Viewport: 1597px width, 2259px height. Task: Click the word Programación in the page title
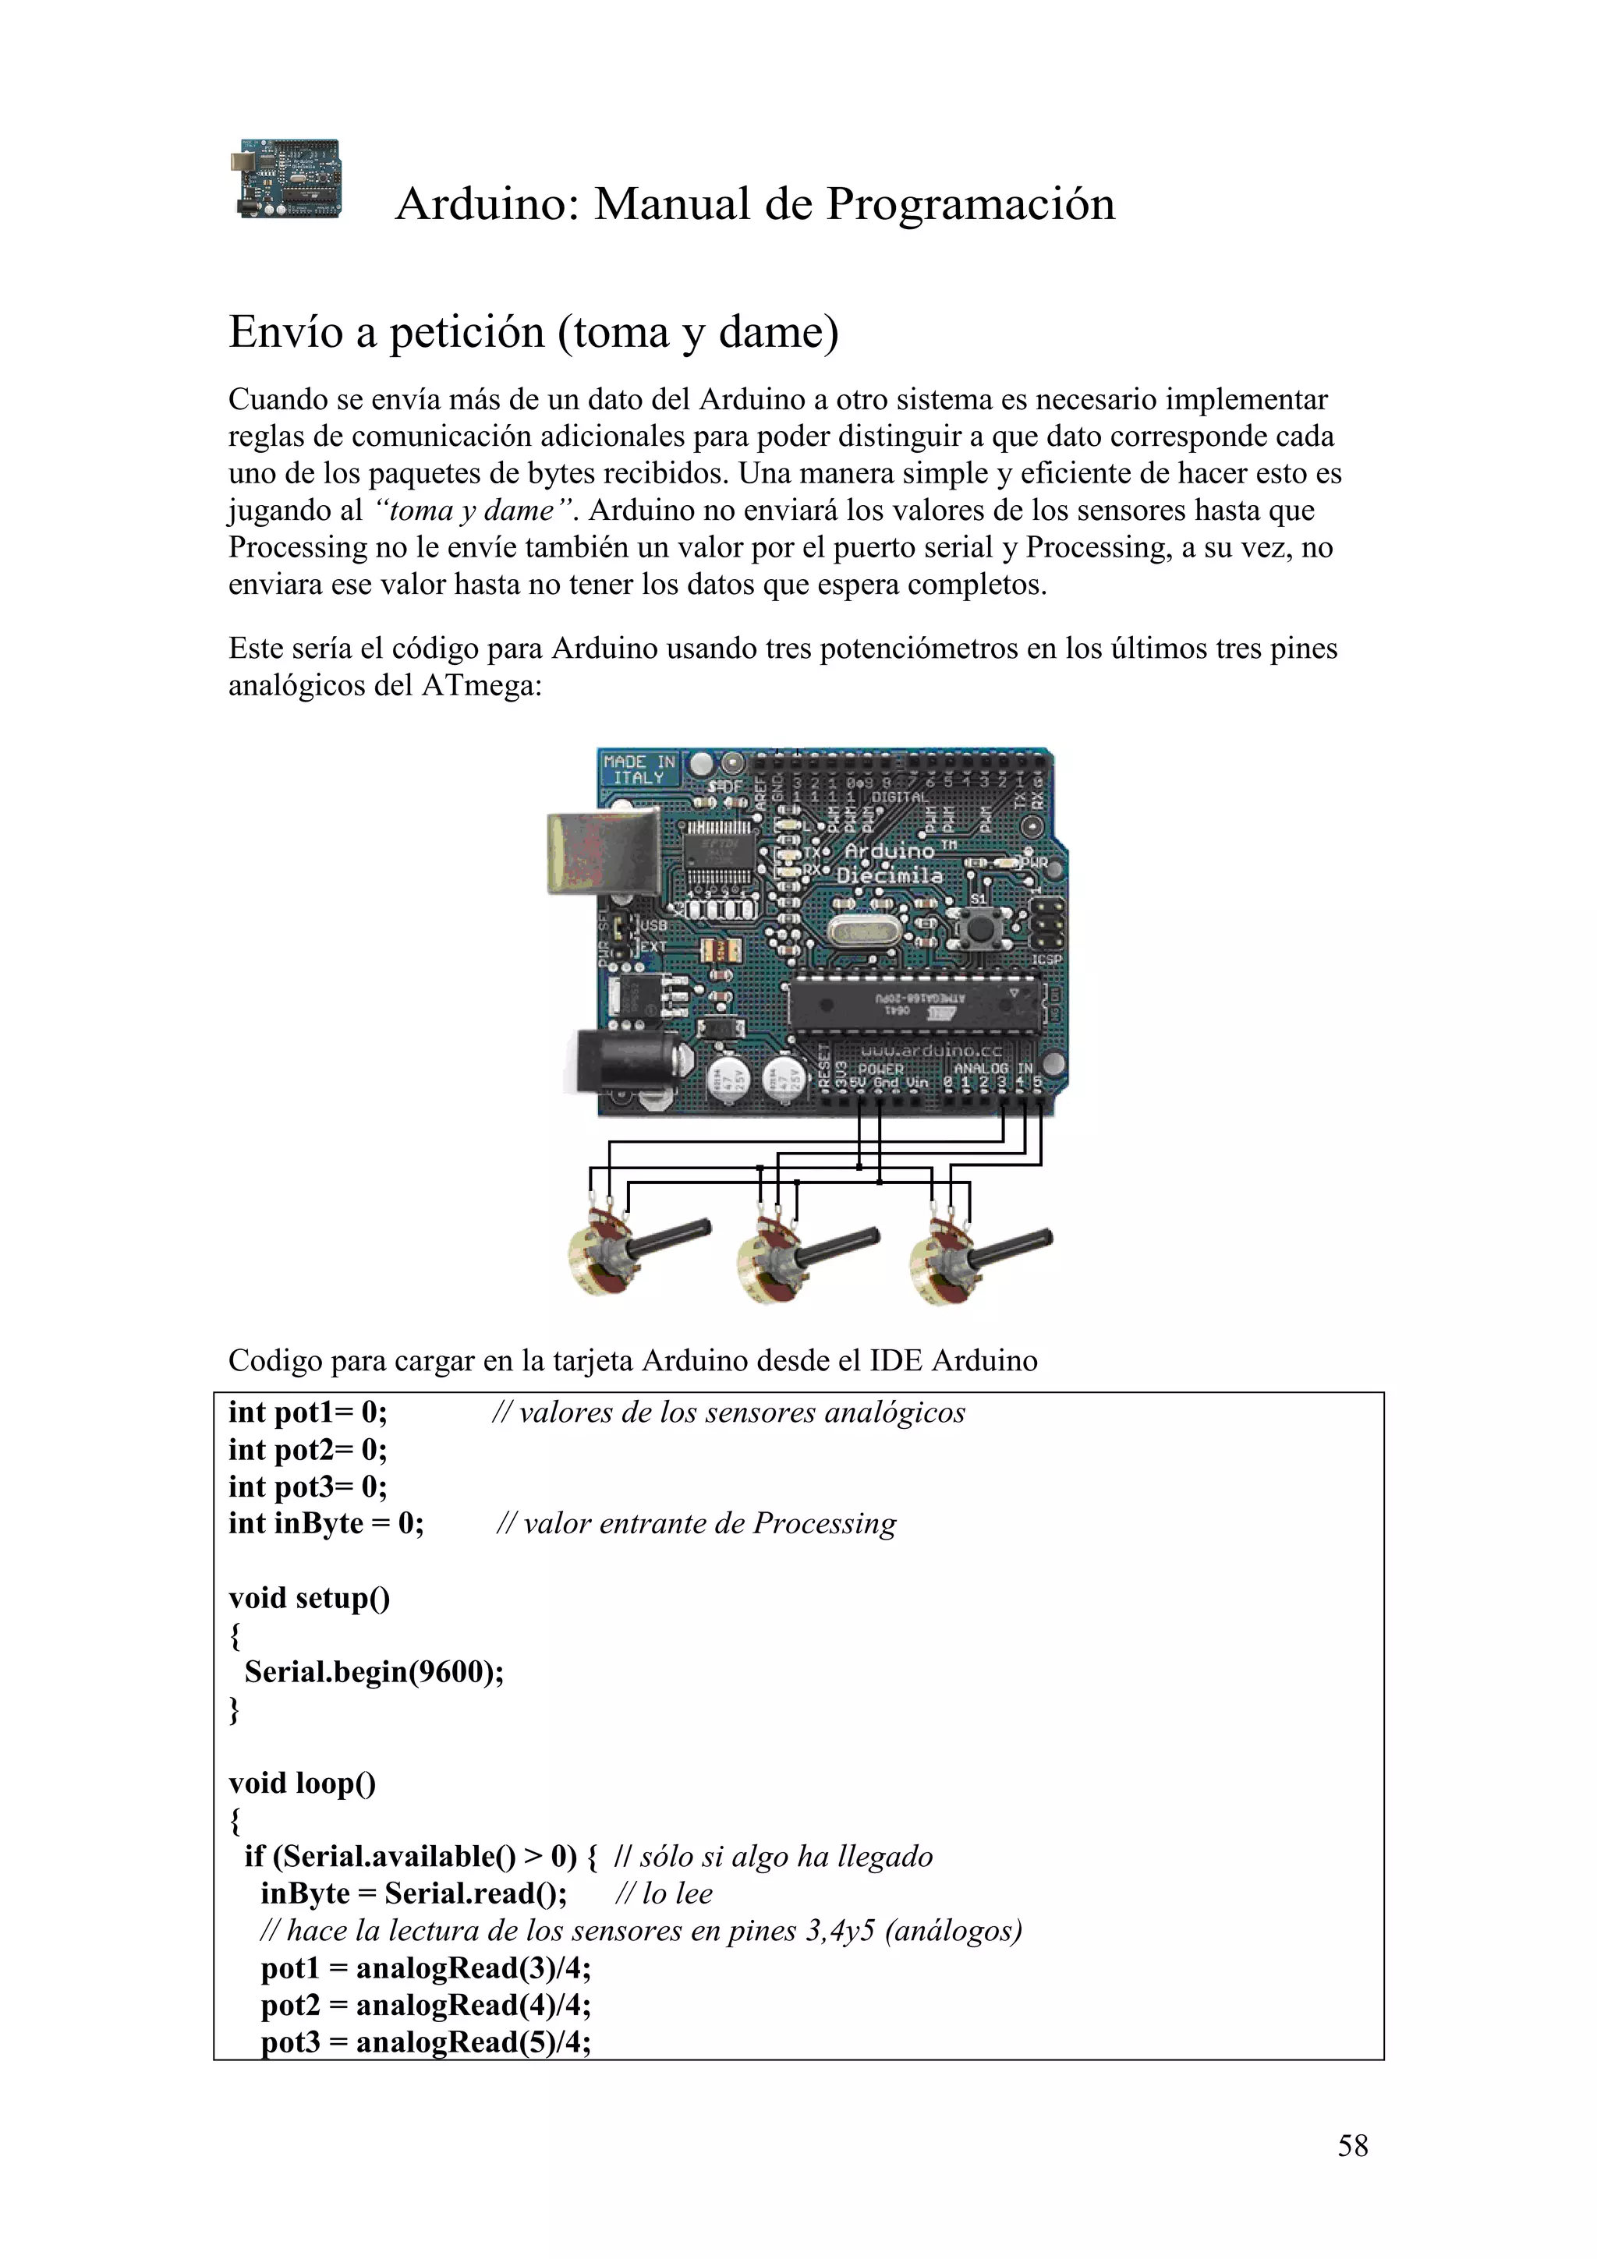pos(970,205)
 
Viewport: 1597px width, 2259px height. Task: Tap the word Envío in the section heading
pos(285,333)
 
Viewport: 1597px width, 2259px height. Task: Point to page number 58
pos(1352,2146)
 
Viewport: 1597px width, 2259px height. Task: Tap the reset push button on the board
pos(979,927)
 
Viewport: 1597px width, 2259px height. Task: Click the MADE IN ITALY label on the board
pos(639,769)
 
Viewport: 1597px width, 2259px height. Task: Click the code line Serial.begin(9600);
pos(374,1671)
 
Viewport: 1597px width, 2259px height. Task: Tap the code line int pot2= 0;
pos(308,1449)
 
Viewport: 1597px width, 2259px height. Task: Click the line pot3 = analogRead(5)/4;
pos(425,2042)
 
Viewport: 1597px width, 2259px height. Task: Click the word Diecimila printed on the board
pos(890,875)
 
